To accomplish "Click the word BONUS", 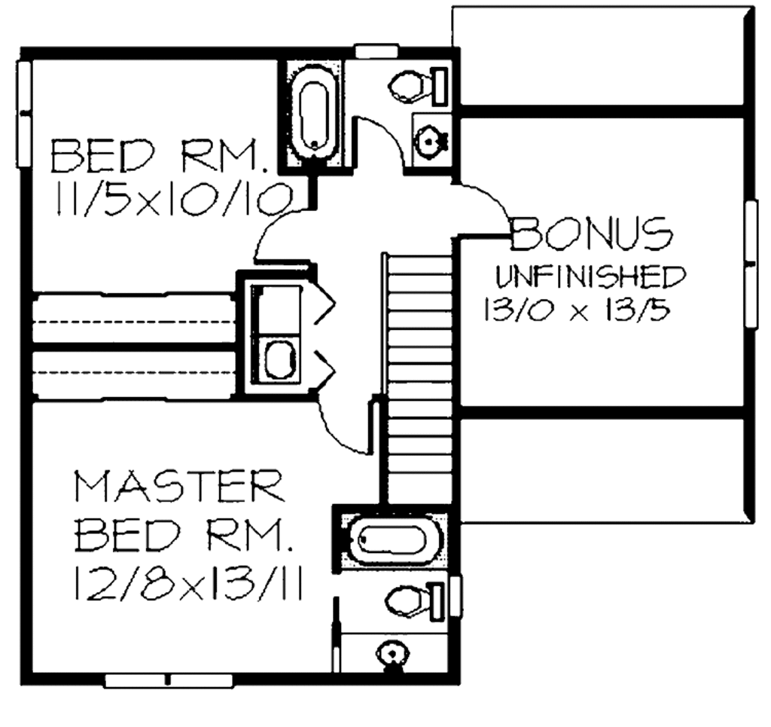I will (x=593, y=234).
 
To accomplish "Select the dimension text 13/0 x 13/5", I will (x=576, y=310).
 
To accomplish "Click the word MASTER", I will (x=179, y=487).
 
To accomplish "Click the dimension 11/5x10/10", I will (x=172, y=198).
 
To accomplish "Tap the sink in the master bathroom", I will (x=392, y=652).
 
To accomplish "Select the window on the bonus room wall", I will (x=751, y=264).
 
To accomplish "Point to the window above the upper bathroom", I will (x=376, y=51).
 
